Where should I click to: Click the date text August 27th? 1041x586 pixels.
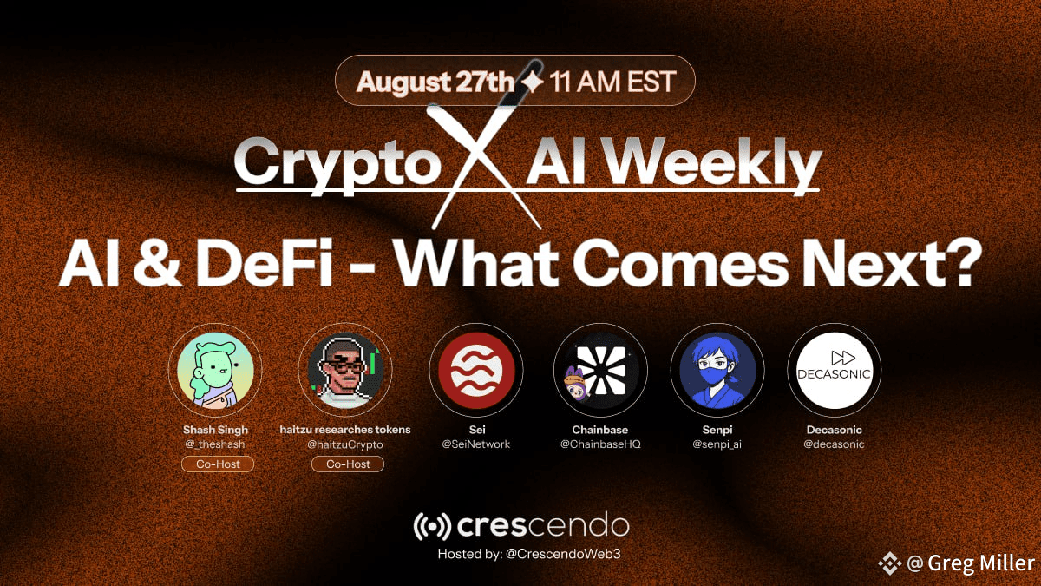click(435, 82)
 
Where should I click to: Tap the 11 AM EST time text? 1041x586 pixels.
click(612, 82)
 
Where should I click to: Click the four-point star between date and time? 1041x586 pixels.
click(532, 82)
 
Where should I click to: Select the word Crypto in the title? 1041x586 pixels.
click(337, 165)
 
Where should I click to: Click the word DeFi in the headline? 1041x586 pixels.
click(265, 263)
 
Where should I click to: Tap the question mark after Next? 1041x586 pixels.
click(964, 262)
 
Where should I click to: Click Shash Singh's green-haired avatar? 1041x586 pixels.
click(216, 370)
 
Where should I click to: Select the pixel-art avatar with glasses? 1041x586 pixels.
click(345, 370)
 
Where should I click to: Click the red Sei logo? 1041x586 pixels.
click(477, 370)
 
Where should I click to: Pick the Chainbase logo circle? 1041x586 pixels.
click(600, 370)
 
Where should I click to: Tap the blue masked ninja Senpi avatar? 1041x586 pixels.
click(717, 370)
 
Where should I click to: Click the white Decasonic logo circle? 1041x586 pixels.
click(835, 370)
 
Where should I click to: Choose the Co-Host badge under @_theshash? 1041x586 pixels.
click(218, 464)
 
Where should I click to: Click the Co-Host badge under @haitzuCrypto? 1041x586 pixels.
click(348, 464)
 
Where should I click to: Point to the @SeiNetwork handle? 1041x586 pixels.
click(476, 444)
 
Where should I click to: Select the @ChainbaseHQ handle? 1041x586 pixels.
click(600, 444)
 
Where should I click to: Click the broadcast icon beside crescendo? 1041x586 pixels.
click(432, 526)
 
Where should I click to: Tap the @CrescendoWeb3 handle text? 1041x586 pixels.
click(563, 554)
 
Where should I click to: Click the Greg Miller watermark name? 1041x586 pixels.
click(981, 563)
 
